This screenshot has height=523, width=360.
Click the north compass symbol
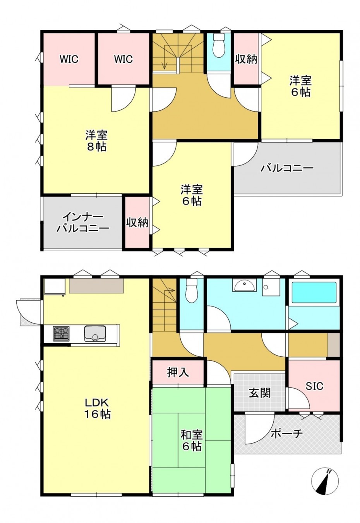point(325,481)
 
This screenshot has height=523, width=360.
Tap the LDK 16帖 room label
point(98,408)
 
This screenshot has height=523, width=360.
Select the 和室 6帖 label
point(192,440)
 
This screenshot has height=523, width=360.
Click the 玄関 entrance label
point(259,393)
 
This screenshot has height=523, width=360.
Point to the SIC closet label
point(314,386)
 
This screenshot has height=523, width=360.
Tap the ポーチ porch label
point(286,434)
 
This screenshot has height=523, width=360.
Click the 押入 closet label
point(178,372)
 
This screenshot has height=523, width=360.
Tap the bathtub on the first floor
point(314,292)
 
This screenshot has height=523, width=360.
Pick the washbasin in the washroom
point(244,286)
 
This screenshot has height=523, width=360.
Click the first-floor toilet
point(192,291)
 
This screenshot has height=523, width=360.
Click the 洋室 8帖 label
point(96,141)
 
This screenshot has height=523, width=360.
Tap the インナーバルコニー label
point(83,222)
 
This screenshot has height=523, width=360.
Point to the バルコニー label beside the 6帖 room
point(286,169)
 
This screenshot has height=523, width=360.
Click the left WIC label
point(69,59)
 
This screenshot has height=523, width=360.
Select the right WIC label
point(123,59)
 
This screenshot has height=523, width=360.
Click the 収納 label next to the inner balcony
point(137,223)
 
